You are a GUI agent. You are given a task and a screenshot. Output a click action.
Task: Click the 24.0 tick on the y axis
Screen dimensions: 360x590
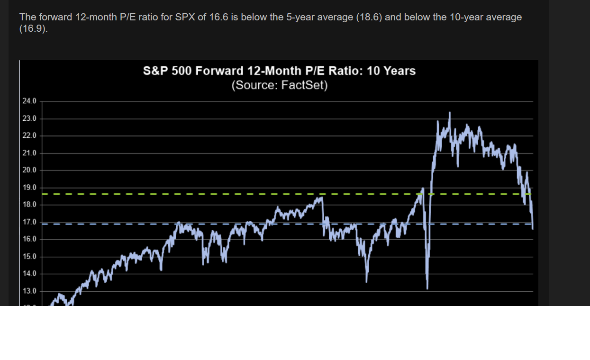point(29,101)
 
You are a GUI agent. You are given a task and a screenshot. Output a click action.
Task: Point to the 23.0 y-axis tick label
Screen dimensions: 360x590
point(29,119)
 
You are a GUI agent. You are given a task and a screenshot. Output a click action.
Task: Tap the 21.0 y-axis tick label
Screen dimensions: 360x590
point(29,153)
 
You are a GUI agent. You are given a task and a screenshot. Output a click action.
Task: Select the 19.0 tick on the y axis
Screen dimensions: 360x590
point(29,188)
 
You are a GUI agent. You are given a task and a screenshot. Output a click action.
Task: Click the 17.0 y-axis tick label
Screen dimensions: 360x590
point(29,222)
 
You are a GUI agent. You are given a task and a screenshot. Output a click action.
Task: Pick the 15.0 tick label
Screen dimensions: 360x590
point(29,257)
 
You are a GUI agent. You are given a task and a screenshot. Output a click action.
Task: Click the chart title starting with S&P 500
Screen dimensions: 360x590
point(279,71)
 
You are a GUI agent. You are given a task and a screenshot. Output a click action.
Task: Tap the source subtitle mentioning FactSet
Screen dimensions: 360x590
point(279,86)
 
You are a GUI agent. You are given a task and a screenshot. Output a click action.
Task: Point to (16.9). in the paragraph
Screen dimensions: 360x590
point(34,28)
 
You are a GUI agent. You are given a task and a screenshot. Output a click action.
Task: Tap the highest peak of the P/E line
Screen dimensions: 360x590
point(449,113)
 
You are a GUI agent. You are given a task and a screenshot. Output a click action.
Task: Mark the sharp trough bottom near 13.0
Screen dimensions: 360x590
point(427,288)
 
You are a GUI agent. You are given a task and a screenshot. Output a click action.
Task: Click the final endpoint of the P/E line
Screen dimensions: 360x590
point(532,229)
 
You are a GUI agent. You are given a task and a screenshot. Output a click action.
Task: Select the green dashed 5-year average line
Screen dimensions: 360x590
point(190,194)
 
